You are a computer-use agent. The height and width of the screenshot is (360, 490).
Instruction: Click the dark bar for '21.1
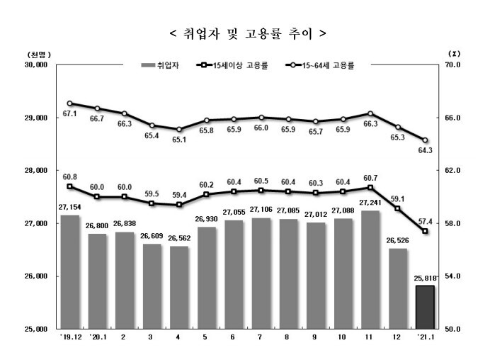pos(425,308)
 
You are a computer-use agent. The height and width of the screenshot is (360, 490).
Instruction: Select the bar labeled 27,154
pos(70,272)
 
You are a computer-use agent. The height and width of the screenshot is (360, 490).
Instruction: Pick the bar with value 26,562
pos(179,288)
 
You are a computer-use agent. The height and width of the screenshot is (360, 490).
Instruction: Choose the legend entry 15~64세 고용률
pos(319,64)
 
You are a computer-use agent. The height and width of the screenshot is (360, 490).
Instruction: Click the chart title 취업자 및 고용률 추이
pos(244,33)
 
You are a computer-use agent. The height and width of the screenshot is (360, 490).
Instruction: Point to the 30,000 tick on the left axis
pos(35,64)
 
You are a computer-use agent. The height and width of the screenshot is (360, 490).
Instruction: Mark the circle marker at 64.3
pos(425,140)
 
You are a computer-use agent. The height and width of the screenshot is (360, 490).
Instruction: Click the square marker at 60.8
pos(69,186)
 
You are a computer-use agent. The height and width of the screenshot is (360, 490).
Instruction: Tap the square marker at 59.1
pos(398,209)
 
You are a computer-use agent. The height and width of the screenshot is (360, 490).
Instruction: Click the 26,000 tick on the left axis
pos(35,276)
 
